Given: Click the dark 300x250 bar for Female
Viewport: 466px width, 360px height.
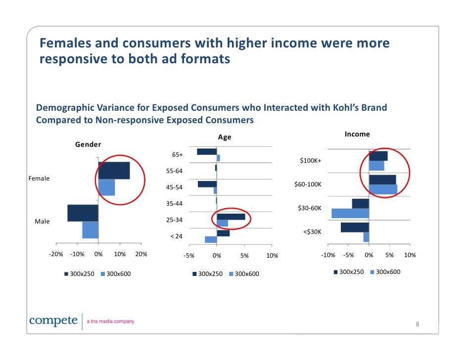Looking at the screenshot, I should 114,171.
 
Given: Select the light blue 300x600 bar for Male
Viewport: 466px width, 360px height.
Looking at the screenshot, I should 91,230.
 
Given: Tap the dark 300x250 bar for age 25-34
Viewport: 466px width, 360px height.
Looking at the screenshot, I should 231,217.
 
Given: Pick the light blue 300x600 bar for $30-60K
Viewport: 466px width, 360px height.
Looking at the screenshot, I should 350,213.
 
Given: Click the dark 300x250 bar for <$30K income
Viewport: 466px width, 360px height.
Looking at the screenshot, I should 355,227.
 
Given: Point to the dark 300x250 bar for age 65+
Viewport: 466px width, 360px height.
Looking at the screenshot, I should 207,151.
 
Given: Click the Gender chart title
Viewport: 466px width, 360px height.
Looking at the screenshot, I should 88,144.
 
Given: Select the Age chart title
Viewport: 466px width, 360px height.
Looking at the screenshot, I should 225,137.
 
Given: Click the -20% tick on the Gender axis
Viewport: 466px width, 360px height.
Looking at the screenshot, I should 56,255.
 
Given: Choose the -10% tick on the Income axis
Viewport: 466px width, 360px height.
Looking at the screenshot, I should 327,255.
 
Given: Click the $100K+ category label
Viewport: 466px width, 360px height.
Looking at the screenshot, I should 311,161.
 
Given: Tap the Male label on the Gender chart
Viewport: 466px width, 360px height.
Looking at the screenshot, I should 42,222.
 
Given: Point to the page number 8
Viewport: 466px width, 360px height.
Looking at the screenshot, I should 417,324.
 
